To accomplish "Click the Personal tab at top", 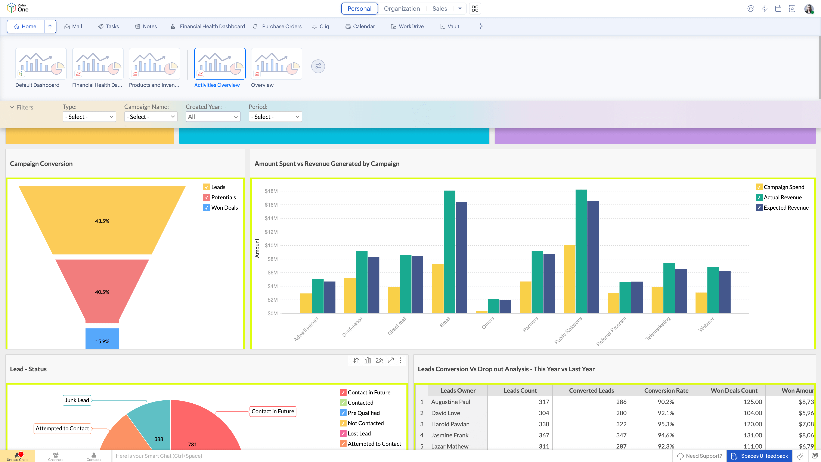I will point(359,9).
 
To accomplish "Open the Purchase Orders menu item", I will point(281,27).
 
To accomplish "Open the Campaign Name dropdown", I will point(151,117).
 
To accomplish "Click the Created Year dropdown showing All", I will point(213,117).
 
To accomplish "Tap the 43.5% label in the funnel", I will point(102,221).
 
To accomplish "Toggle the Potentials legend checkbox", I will point(207,197).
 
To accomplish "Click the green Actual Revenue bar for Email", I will point(449,252).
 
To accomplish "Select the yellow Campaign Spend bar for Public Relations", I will point(569,279).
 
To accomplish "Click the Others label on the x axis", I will point(488,323).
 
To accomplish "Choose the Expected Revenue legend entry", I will point(786,207).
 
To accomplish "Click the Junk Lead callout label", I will point(77,400).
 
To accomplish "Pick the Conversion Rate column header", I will point(666,391).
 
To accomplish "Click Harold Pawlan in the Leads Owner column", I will point(450,424).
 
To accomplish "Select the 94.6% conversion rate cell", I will point(666,435).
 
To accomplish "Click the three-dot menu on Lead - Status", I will point(401,361).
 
